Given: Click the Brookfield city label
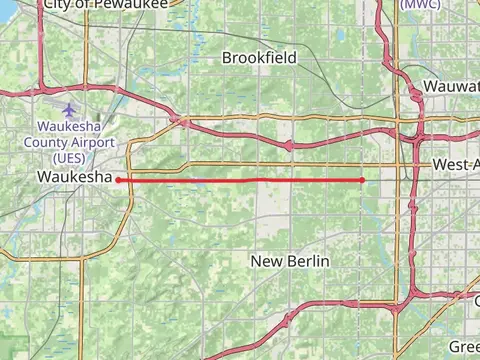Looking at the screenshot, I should tap(259, 58).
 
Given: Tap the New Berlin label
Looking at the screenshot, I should tap(290, 261).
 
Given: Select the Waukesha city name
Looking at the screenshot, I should tap(73, 177).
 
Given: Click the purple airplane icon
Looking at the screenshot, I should tap(68, 109).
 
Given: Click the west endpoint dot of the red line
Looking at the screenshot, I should tap(119, 180).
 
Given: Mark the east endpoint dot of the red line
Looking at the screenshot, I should tap(362, 180).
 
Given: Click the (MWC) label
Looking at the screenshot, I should tap(419, 4).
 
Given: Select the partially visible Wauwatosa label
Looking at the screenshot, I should tap(451, 87).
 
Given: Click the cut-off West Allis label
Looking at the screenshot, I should tap(456, 164).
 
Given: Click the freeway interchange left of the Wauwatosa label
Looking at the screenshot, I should tap(413, 91).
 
